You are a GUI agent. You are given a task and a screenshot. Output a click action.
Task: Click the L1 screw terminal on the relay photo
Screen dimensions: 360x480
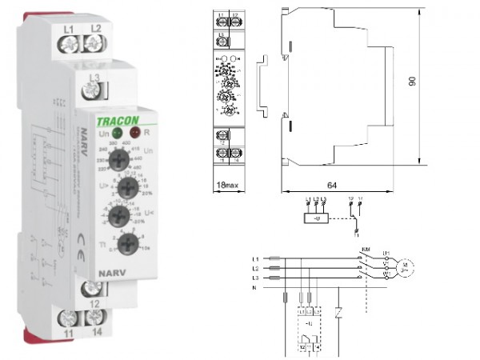[x=69, y=46]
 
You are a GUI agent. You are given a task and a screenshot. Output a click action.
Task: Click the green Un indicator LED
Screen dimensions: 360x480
[x=117, y=134]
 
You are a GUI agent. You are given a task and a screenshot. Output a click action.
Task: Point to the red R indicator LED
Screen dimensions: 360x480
[x=134, y=134]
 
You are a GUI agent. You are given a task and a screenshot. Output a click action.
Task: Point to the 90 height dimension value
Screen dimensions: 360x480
[x=435, y=83]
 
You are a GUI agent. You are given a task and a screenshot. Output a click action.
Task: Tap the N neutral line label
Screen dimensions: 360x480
[x=255, y=286]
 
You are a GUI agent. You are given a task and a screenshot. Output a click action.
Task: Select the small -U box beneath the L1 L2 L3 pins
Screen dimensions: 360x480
[x=318, y=217]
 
